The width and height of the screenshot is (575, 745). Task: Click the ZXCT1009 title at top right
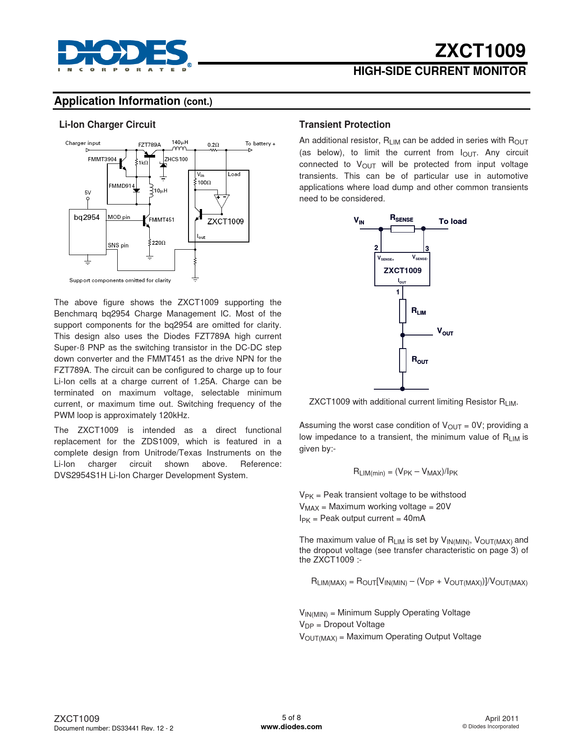click(x=480, y=51)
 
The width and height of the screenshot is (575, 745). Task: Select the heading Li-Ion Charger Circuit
click(x=107, y=125)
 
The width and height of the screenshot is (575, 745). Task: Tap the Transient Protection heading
click(x=345, y=125)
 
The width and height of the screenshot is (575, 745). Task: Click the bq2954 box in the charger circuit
click(x=87, y=232)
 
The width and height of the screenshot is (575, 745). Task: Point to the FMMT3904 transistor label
click(x=102, y=159)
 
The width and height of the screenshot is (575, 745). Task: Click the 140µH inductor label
click(x=179, y=143)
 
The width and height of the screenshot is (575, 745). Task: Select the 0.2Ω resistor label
click(x=213, y=145)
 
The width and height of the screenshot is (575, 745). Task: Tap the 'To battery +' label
click(x=260, y=144)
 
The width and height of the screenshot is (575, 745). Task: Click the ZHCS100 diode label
click(x=176, y=159)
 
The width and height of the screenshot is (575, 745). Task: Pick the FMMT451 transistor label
click(x=161, y=220)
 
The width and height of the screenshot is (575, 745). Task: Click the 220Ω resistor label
click(x=158, y=243)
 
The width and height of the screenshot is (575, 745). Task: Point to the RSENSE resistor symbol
click(x=402, y=229)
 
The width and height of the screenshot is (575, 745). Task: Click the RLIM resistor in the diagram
click(x=403, y=311)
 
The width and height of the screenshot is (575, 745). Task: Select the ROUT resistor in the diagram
click(x=403, y=360)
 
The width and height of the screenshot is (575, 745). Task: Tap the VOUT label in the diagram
click(x=445, y=332)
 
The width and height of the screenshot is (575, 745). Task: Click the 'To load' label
click(x=452, y=221)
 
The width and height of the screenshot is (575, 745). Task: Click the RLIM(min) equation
click(x=405, y=472)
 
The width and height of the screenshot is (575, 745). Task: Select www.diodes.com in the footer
click(x=291, y=727)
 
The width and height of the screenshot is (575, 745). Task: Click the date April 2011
click(x=501, y=718)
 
